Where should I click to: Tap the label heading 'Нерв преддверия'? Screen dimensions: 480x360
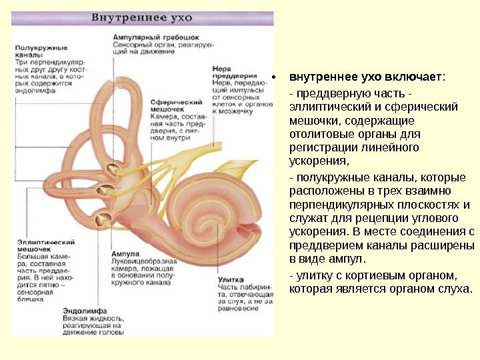tap(230, 73)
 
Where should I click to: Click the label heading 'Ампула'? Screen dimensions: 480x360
tap(126, 254)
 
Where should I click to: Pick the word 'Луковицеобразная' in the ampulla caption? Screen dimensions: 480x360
tap(141, 261)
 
